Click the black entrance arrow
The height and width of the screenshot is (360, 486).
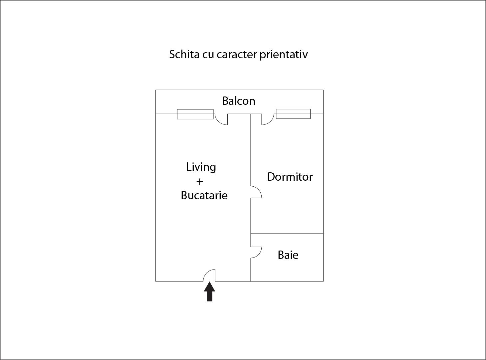[209, 292]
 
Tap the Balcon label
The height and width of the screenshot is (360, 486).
[239, 101]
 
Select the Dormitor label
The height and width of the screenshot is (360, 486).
[290, 177]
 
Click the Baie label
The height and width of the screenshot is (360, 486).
[288, 255]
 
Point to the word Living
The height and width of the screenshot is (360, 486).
[201, 167]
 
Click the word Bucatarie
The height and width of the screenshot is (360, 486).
[204, 195]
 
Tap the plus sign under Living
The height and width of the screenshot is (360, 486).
[200, 182]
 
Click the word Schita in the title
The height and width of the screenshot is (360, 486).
[184, 54]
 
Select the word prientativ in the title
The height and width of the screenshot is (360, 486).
[284, 55]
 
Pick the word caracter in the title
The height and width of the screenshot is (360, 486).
[237, 55]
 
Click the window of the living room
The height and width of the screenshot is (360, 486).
[195, 114]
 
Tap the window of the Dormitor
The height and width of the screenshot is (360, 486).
[293, 114]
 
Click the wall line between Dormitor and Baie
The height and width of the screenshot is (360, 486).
[287, 234]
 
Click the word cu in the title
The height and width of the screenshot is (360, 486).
[208, 55]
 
